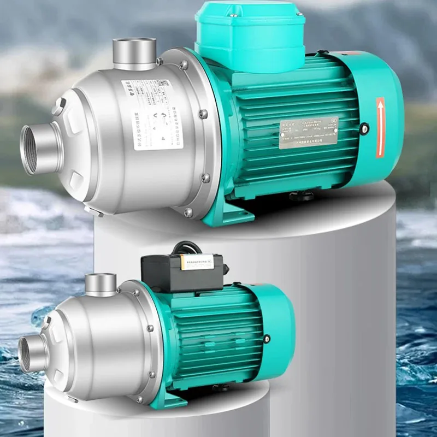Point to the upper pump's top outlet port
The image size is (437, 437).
(x=134, y=52)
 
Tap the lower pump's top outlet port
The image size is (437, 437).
(x=101, y=285)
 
